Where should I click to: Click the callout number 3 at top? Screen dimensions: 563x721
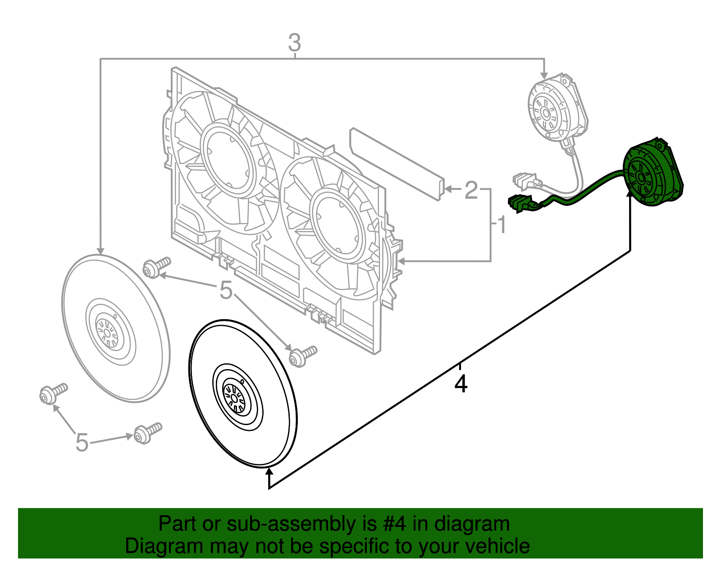(x=294, y=43)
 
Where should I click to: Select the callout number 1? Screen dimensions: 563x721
(x=502, y=225)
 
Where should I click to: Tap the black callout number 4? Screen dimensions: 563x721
(x=461, y=384)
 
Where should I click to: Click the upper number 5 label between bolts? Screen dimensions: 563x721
(x=226, y=290)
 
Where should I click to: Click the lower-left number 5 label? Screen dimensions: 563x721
(x=82, y=442)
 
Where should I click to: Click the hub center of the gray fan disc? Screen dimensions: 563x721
(x=107, y=333)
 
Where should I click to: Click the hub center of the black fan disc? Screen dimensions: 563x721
(x=235, y=398)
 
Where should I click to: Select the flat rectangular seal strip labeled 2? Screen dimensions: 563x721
(x=396, y=164)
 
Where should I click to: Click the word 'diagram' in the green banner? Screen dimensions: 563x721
(x=472, y=524)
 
